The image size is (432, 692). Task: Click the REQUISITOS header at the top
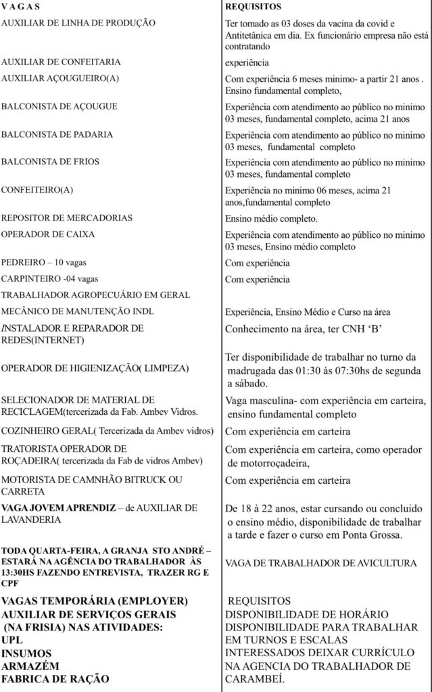[x=253, y=7]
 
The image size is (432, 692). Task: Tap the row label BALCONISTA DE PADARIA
[x=57, y=134]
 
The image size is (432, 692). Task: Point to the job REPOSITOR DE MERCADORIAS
[x=66, y=218]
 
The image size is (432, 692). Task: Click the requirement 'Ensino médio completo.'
[x=270, y=219]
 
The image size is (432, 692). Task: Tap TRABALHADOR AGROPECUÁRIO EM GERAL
[x=95, y=295]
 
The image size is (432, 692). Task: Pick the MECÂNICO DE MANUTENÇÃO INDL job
[x=85, y=312]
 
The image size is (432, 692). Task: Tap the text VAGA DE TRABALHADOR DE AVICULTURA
[x=321, y=563]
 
